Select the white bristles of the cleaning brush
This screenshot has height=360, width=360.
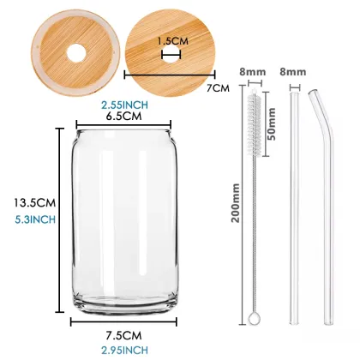[x=254, y=120]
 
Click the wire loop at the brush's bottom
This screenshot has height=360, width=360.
[x=254, y=320]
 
